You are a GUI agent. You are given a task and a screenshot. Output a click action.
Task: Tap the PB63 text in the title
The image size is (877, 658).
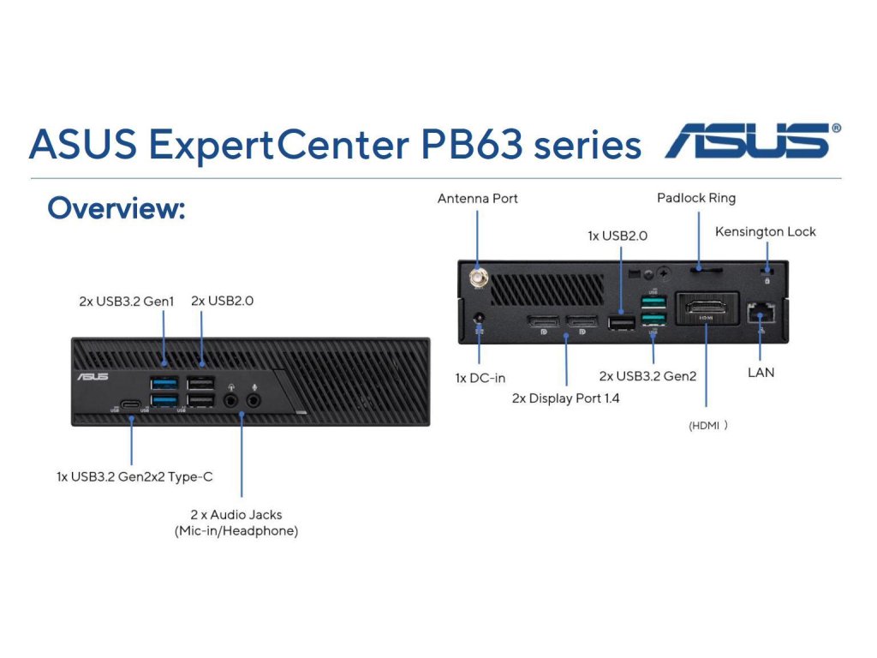[x=472, y=144]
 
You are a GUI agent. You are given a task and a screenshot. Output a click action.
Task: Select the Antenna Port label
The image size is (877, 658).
[x=477, y=199]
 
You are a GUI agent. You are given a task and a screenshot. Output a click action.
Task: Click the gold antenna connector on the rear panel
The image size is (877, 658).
[x=479, y=277]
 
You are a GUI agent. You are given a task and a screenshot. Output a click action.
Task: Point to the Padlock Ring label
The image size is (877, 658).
[x=696, y=198]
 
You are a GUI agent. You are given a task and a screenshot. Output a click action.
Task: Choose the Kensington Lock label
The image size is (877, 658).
[x=765, y=231]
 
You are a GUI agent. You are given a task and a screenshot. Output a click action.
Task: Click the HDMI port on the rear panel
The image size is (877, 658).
[x=707, y=308]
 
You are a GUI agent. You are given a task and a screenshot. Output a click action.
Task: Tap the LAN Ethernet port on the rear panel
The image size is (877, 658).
[x=761, y=314]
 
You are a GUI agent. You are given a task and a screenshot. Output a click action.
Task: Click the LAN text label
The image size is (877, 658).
[x=761, y=373]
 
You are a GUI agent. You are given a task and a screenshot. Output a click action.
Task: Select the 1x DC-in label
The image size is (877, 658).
[x=480, y=378]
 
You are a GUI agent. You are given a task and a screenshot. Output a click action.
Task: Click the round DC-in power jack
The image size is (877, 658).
[x=479, y=319]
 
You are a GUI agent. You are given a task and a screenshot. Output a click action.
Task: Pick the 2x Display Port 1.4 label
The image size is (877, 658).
[x=565, y=398]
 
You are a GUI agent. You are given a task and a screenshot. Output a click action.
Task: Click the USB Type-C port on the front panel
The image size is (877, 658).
[x=131, y=404]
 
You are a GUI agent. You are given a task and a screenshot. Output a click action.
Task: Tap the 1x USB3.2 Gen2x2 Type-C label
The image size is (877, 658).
[x=134, y=476]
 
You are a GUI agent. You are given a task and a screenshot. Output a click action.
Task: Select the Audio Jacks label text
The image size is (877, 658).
[x=236, y=523]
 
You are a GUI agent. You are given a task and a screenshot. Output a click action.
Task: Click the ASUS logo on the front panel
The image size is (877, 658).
[x=92, y=377]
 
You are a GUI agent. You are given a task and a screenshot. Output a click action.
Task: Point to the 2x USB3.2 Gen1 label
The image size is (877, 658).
[x=127, y=302]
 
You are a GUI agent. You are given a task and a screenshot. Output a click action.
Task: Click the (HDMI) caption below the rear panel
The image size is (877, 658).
[x=708, y=426]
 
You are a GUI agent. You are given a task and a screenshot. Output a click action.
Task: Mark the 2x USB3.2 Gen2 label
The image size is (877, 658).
[x=647, y=376]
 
